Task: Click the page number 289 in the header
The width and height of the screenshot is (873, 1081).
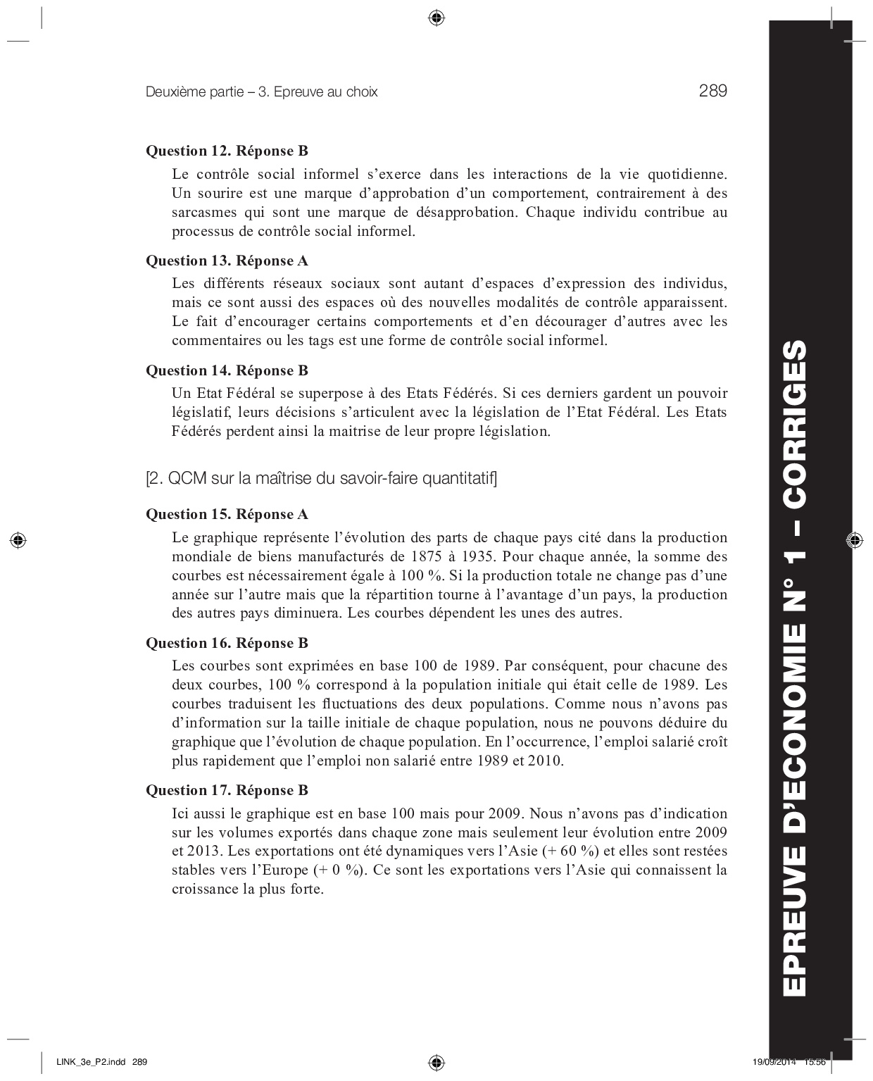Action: point(712,91)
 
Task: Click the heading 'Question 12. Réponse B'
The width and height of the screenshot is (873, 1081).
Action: point(227,151)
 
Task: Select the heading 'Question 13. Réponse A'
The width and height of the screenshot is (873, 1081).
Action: point(227,261)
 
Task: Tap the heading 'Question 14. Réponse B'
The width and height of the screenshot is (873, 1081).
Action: point(227,370)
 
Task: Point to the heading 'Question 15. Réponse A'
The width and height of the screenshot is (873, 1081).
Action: point(227,514)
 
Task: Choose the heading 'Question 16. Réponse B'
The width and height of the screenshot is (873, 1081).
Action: point(227,643)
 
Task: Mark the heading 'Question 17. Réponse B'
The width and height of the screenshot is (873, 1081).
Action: point(227,790)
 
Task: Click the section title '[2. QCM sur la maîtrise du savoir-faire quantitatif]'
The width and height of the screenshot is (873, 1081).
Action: point(321,479)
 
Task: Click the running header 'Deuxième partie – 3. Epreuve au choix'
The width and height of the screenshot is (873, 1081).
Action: point(261,92)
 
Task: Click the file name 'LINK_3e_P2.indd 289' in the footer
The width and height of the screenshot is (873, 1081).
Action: point(101,1061)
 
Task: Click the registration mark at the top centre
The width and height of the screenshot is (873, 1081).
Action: point(436,17)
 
